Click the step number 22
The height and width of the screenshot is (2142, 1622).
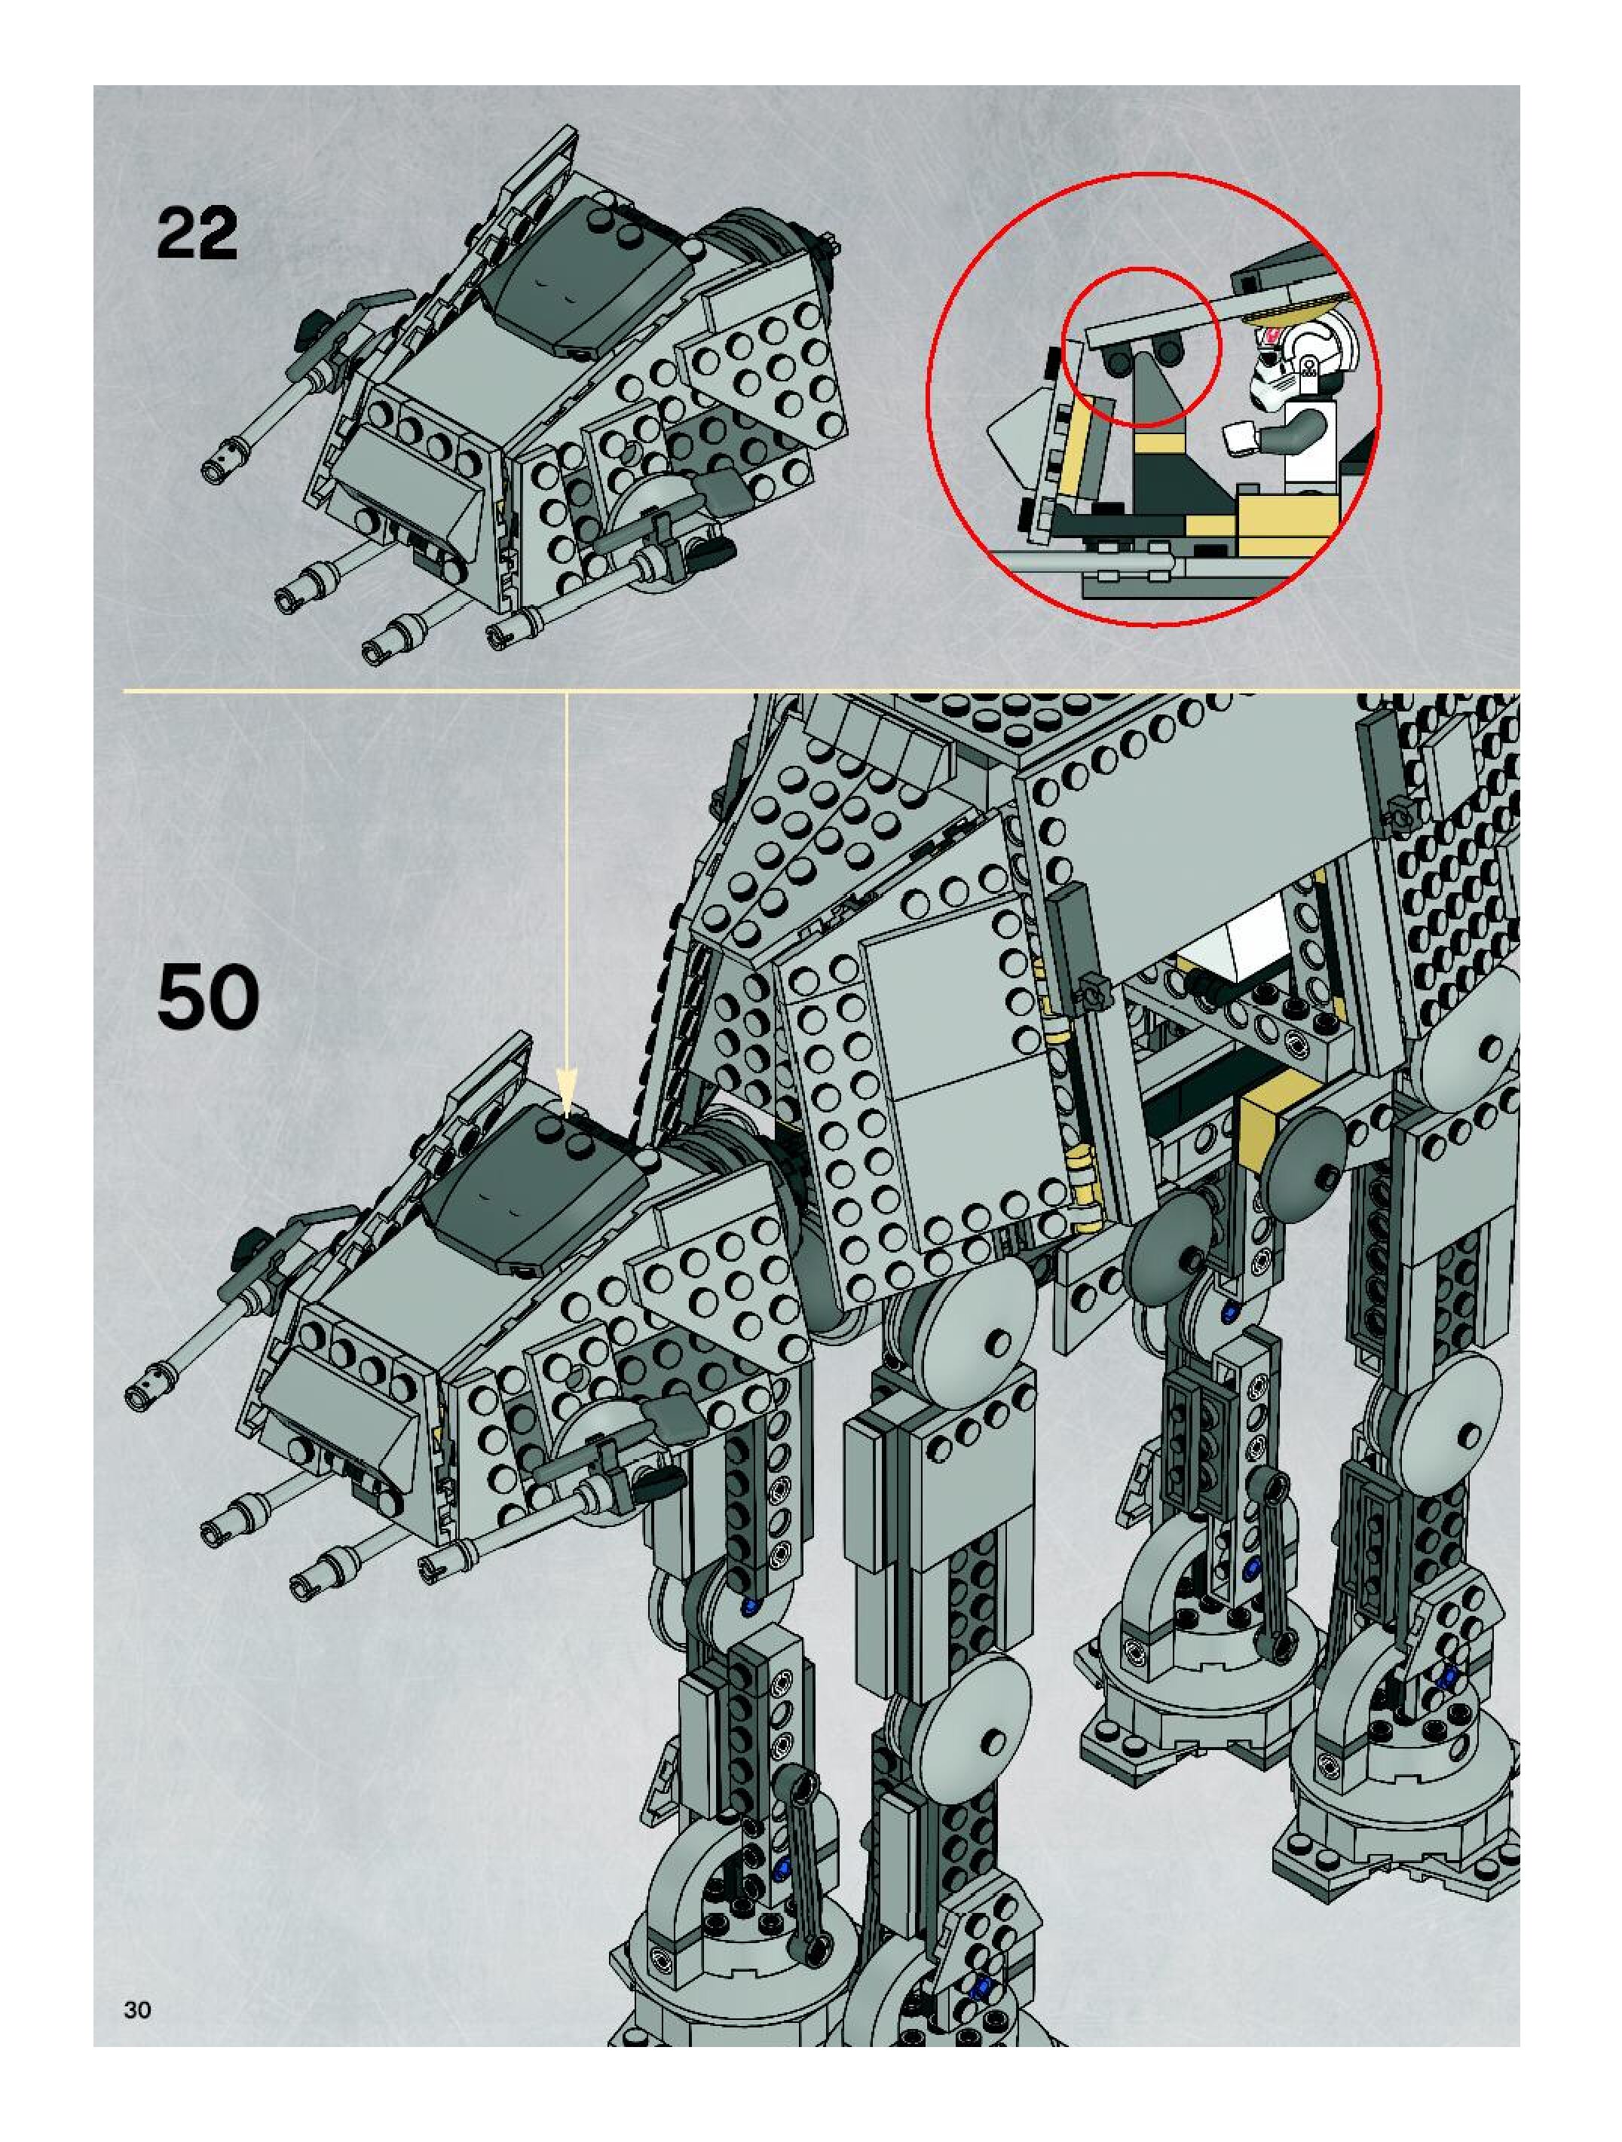[197, 234]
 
